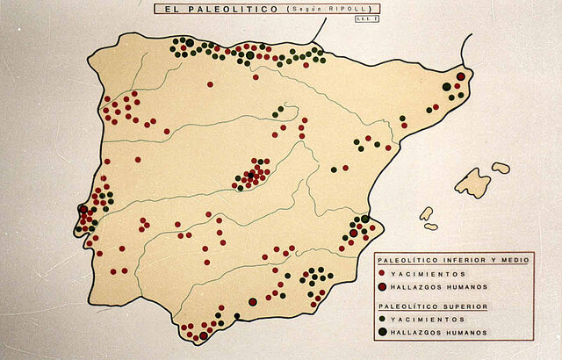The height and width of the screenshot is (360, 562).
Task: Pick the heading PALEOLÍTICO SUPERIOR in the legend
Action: (421, 306)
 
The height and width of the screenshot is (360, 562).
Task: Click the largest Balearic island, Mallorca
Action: (472, 183)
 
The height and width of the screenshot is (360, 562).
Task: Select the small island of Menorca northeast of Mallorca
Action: (501, 167)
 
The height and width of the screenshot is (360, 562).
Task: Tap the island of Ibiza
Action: (426, 213)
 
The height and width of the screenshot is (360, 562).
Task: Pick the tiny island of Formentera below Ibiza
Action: (430, 227)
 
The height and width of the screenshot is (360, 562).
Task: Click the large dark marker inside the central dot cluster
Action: (249, 176)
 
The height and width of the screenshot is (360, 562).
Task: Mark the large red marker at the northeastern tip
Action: (460, 76)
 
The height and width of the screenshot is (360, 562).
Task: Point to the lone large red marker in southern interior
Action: (252, 302)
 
